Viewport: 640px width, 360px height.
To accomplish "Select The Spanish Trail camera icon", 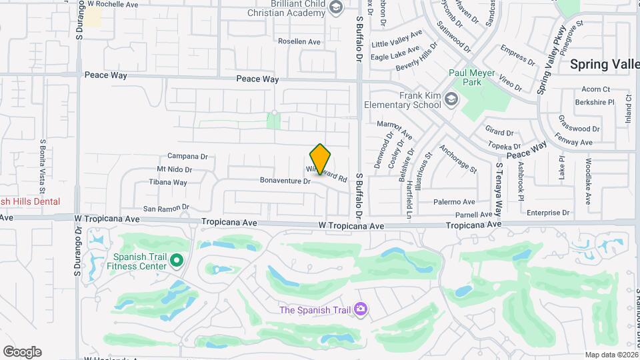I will pos(361,309).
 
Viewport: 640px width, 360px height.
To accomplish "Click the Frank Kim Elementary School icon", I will pos(452,100).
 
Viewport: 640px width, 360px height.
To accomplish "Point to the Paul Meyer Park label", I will pos(473,77).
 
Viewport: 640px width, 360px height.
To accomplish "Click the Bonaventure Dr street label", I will pos(285,181).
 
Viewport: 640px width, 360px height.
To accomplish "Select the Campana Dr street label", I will pos(187,157).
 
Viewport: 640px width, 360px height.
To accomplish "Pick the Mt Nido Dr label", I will pos(174,170).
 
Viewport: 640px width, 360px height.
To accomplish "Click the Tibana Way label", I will pos(168,182).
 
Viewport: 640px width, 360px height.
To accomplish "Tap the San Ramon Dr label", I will pos(166,208).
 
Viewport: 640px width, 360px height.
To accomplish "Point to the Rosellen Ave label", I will pos(299,41).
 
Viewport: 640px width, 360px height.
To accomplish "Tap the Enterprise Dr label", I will pos(548,213).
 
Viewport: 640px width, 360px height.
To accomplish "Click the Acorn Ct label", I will pos(595,89).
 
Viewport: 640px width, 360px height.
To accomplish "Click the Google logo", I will pos(22,352).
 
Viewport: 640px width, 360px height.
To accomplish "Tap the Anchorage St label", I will pos(458,159).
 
